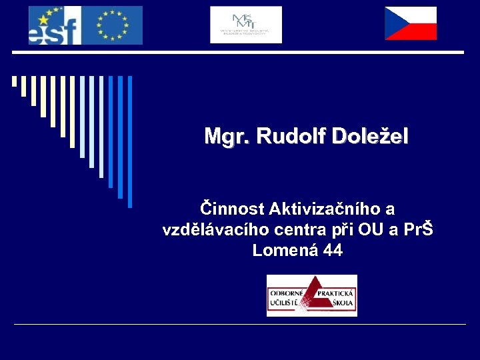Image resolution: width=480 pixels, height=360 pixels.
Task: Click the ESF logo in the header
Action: (x=55, y=25)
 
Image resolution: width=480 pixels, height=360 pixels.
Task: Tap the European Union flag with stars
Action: (x=112, y=25)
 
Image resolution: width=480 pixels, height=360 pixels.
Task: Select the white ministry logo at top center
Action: (x=246, y=25)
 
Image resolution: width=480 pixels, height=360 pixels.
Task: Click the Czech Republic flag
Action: (x=411, y=24)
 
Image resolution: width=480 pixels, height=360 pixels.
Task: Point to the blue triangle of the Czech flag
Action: (x=393, y=24)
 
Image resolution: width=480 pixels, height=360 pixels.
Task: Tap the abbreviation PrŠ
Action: (x=417, y=230)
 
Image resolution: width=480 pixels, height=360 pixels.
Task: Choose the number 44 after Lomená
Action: (x=333, y=251)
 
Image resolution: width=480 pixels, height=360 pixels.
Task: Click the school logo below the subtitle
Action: (x=311, y=295)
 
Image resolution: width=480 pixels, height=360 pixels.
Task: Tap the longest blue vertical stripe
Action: (x=130, y=141)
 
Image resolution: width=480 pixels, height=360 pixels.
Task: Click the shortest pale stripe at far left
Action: (x=14, y=81)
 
